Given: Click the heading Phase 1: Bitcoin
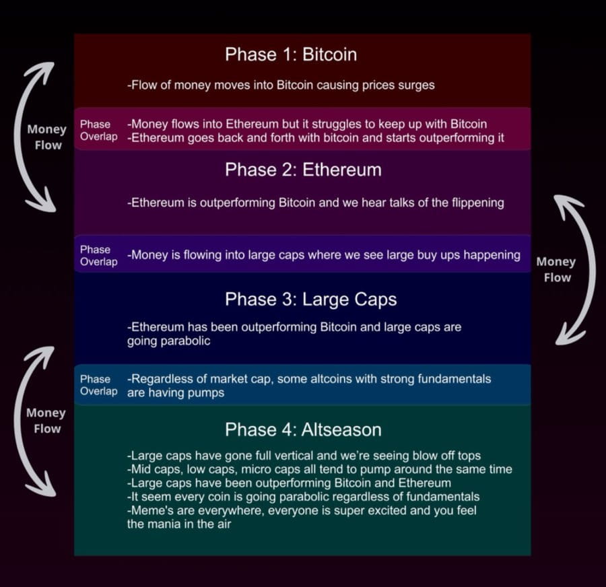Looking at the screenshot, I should click(290, 55).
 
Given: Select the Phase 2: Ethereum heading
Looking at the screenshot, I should click(303, 170).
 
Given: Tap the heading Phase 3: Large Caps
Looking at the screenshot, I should click(310, 299).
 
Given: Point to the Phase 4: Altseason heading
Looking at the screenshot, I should click(303, 429).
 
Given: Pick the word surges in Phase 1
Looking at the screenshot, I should click(416, 85).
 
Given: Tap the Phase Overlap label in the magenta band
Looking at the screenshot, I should click(98, 131).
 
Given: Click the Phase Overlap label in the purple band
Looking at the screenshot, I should click(98, 256).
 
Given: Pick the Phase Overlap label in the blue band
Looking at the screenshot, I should click(98, 385).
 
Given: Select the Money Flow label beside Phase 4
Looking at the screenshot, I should click(46, 421).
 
